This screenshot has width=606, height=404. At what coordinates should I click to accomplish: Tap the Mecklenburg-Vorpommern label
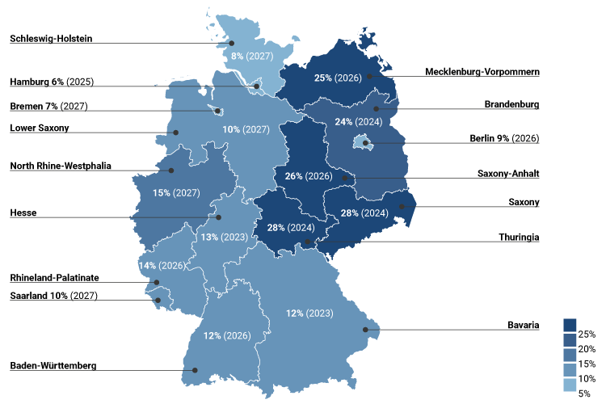tap(482, 72)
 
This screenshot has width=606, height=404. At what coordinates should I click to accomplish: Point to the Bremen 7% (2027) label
tap(48, 106)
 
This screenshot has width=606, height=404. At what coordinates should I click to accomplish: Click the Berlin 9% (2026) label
tap(504, 138)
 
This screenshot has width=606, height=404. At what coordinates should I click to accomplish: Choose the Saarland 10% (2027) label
tap(53, 295)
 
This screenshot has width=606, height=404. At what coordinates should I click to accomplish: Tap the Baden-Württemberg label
tap(53, 365)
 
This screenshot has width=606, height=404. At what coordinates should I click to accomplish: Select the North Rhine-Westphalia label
tap(61, 166)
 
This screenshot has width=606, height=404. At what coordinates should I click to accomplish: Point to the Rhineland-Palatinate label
tap(54, 277)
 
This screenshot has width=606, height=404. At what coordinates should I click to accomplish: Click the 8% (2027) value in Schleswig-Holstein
tap(252, 56)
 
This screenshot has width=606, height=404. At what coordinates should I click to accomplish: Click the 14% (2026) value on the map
tap(161, 265)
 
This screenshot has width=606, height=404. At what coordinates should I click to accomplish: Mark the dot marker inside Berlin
tap(366, 144)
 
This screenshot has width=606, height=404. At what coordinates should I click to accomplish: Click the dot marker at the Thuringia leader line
tap(307, 242)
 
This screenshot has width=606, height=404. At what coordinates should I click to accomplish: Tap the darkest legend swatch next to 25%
tap(569, 324)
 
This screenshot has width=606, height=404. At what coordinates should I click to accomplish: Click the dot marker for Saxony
tap(402, 207)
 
